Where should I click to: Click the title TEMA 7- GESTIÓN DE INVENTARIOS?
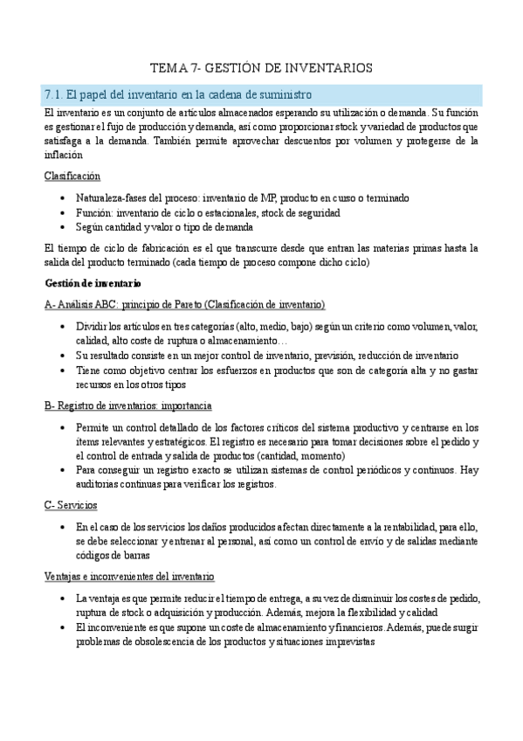pyautogui.click(x=261, y=67)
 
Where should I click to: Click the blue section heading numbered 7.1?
pyautogui.click(x=177, y=94)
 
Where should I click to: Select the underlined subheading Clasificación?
pyautogui.click(x=72, y=176)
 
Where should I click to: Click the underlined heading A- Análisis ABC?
pyautogui.click(x=184, y=304)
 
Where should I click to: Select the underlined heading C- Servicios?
pyautogui.click(x=71, y=506)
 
